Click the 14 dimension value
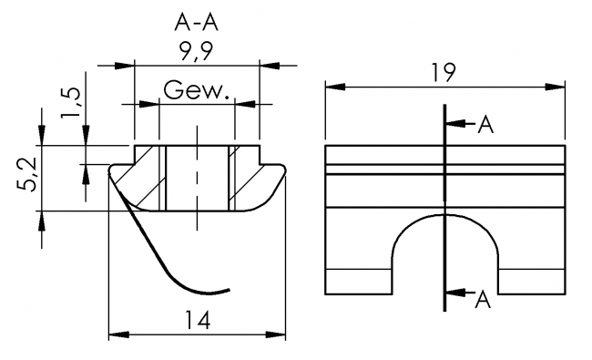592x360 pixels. (198, 320)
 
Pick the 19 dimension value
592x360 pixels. (445, 72)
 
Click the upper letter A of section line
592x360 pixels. (485, 125)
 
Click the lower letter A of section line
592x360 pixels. (484, 300)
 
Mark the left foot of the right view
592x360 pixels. (358, 282)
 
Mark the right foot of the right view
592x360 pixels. (532, 282)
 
